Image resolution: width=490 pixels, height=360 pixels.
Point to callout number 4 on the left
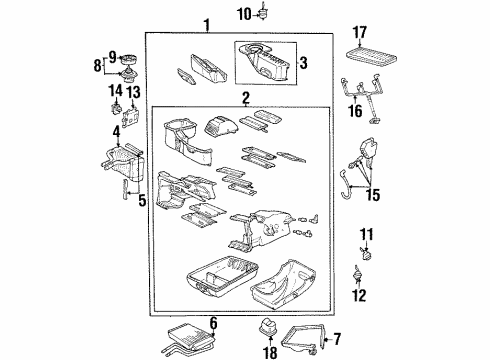(x=117, y=131)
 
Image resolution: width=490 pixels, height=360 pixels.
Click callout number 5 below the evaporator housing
(x=141, y=201)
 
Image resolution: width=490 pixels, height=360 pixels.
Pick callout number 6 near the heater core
(x=213, y=321)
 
